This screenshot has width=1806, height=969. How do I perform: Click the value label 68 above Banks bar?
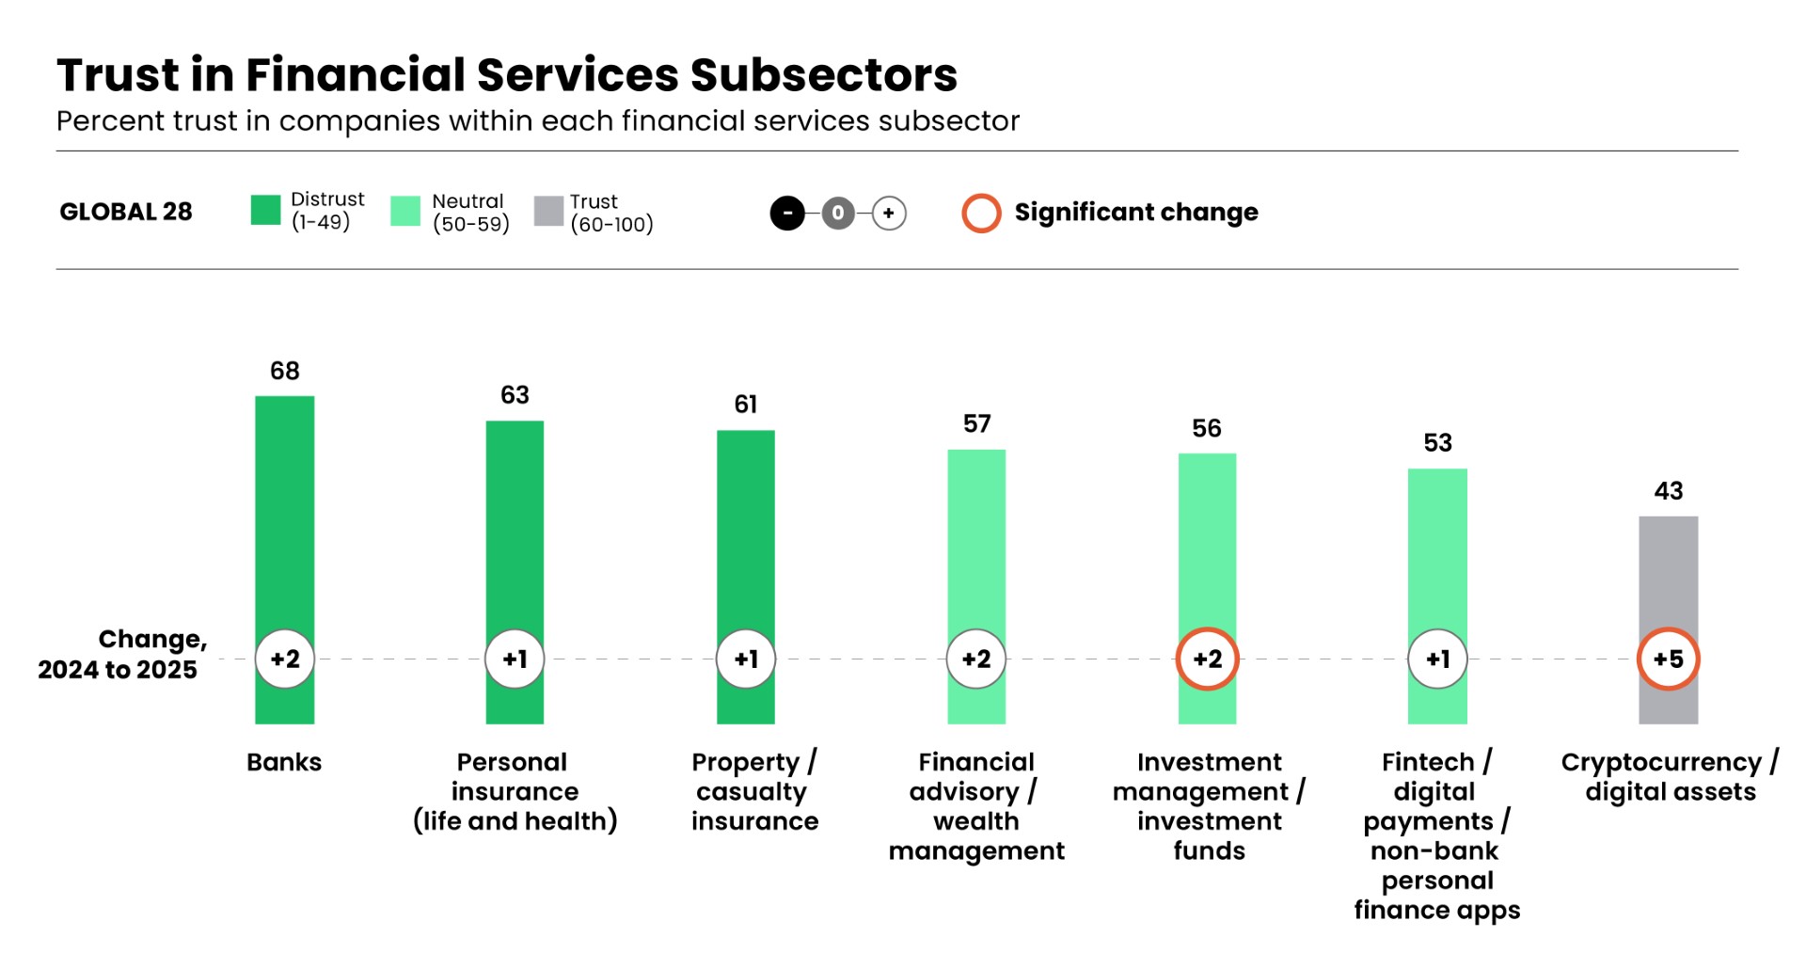[x=284, y=371]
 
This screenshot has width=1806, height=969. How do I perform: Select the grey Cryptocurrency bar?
[x=1668, y=574]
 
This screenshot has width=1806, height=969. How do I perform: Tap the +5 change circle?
[x=1668, y=659]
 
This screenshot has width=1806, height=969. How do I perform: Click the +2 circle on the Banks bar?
[x=284, y=659]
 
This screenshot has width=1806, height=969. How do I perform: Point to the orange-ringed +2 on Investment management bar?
[x=1207, y=659]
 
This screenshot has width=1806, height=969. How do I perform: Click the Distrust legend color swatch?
[x=265, y=210]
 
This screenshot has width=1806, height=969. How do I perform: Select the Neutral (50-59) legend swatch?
[x=405, y=211]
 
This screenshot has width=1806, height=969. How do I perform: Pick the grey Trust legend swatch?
[x=548, y=211]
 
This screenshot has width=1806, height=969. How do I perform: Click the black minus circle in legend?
[x=787, y=213]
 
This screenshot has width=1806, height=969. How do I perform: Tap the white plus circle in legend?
[x=889, y=213]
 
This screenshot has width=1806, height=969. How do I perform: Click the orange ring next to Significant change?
[x=981, y=213]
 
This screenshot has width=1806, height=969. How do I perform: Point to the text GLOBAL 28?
[x=126, y=212]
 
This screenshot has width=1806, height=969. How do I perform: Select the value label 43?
[x=1668, y=491]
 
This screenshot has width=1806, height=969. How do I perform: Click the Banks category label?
[x=284, y=762]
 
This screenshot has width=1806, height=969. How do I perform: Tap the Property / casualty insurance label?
[x=754, y=791]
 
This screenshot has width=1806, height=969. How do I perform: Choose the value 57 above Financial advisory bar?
[x=976, y=424]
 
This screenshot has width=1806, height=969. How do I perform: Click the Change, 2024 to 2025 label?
[x=122, y=654]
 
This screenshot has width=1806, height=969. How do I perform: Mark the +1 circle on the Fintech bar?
[x=1437, y=659]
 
